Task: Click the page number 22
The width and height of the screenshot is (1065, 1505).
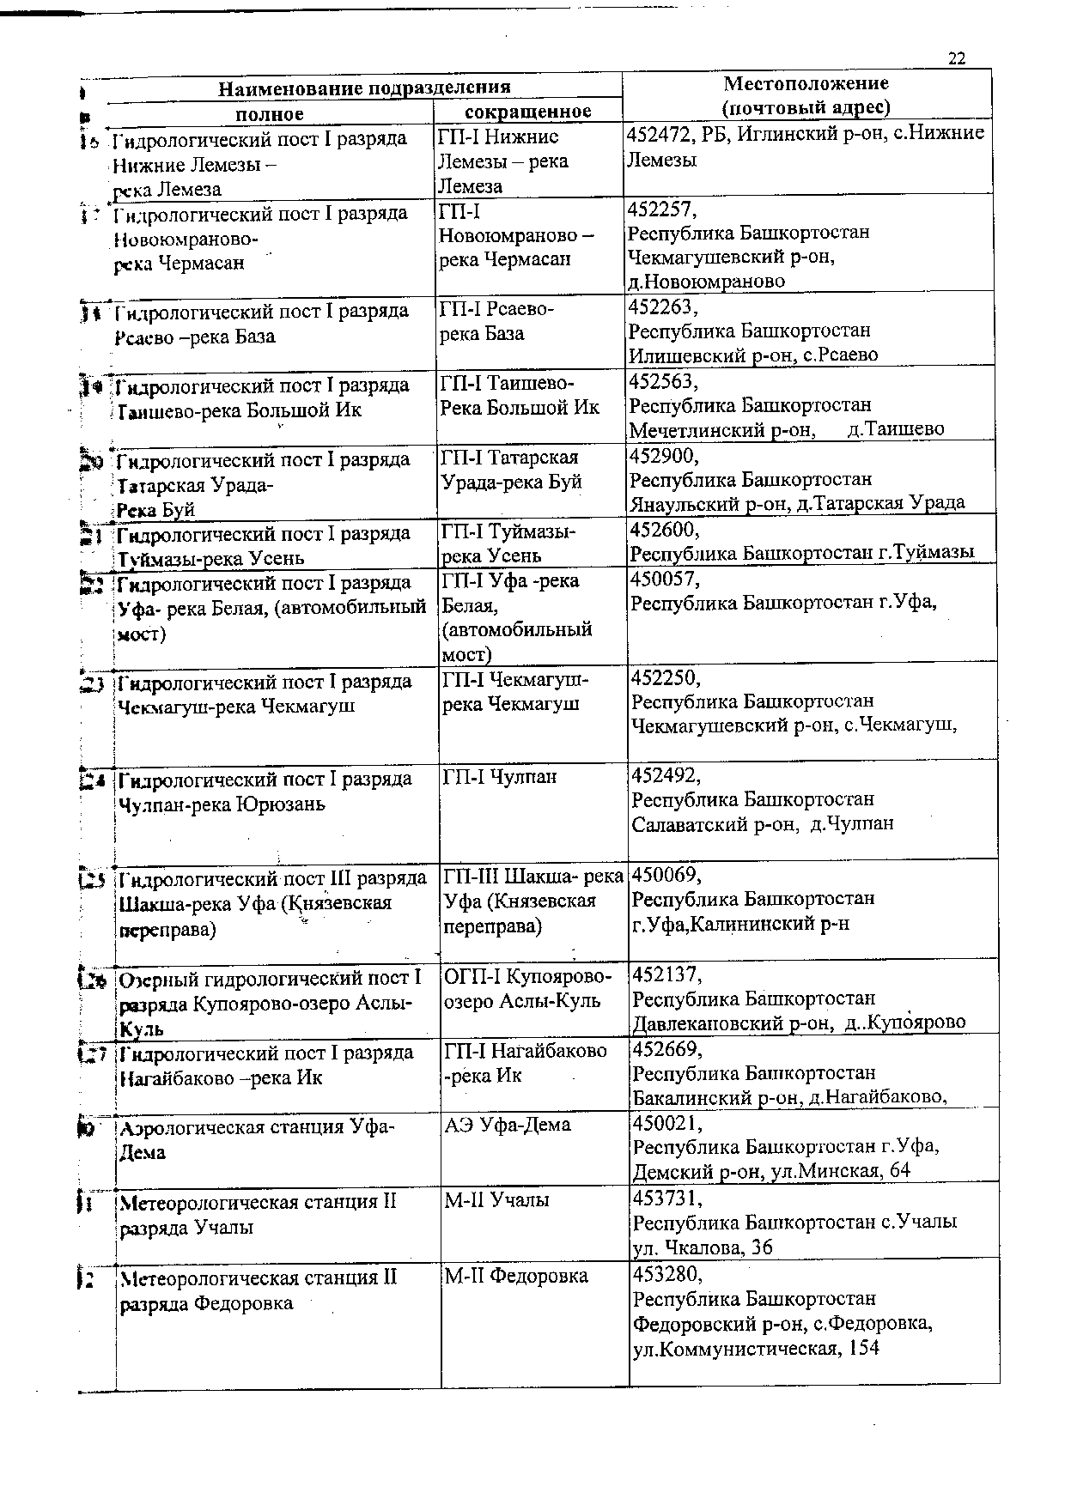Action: (x=957, y=58)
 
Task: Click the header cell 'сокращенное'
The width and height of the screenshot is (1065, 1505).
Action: (x=527, y=112)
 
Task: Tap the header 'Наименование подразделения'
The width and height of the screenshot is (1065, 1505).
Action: (x=364, y=88)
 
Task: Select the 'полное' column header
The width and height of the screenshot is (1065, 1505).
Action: (x=270, y=113)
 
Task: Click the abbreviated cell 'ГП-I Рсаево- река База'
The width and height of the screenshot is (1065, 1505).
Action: (x=496, y=321)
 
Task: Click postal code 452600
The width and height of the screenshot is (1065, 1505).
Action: (x=665, y=530)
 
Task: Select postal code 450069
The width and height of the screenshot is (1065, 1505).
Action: (x=666, y=876)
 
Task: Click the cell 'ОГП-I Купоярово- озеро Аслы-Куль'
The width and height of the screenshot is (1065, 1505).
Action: (x=527, y=989)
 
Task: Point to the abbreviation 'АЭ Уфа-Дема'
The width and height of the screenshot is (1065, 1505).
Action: (x=507, y=1125)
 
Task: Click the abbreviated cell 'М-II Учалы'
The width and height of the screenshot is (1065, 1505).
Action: (x=496, y=1200)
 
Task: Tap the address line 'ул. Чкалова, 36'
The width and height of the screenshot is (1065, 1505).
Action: (x=703, y=1247)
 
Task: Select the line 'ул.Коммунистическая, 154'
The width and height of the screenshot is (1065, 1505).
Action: (x=756, y=1349)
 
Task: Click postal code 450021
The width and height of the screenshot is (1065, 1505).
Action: (x=666, y=1123)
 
